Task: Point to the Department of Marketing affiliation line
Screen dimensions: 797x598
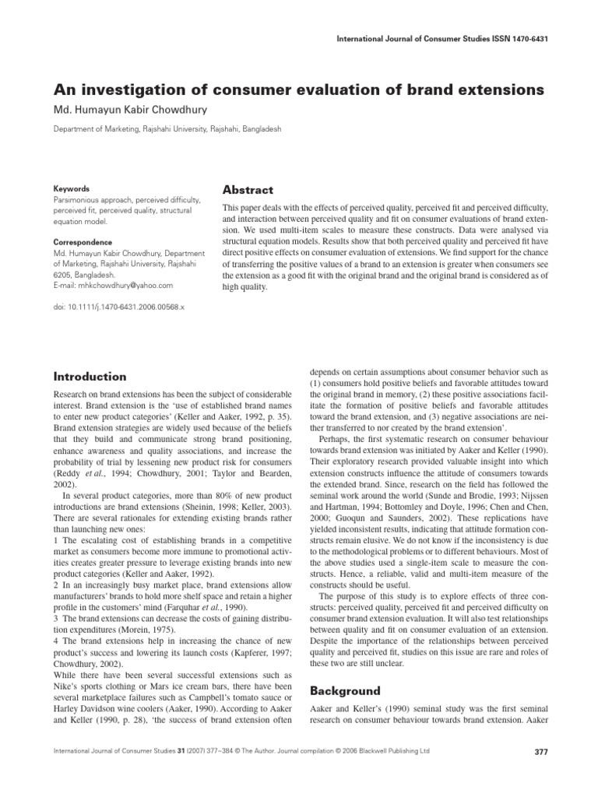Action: coord(167,128)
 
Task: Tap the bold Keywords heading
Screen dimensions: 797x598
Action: coord(70,189)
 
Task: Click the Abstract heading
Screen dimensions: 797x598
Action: coord(248,191)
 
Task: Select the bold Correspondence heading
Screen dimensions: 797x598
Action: coord(82,242)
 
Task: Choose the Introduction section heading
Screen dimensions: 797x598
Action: coord(89,377)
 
